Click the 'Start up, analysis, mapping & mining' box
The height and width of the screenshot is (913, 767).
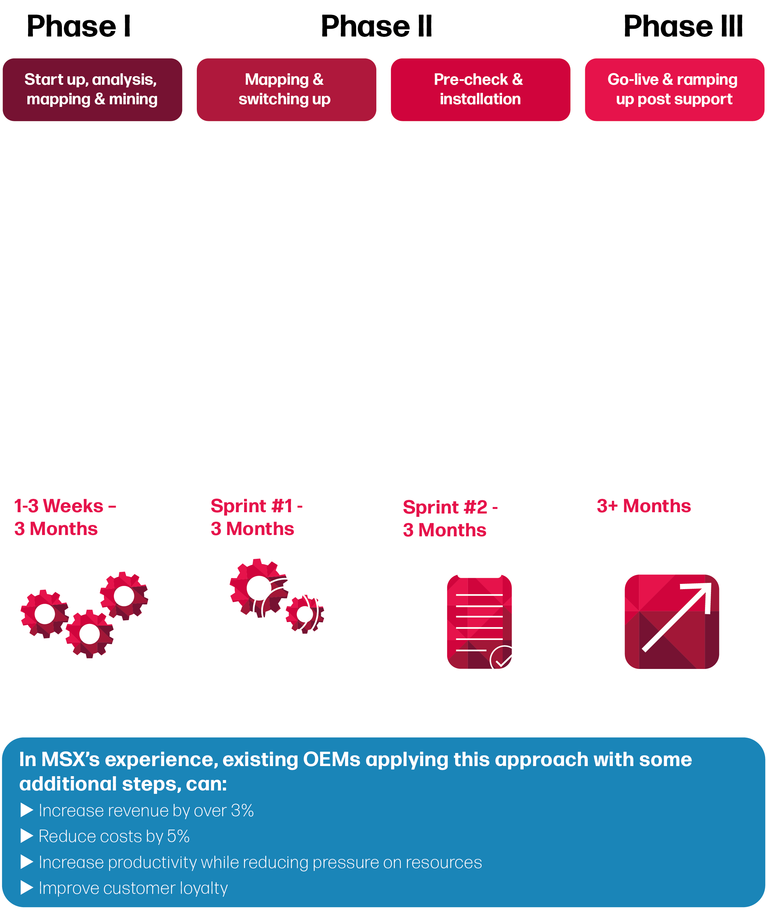[x=92, y=90]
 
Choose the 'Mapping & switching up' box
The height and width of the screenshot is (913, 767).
[x=286, y=90]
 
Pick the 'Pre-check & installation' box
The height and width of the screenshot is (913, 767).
[x=480, y=90]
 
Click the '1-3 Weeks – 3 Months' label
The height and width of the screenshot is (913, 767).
[x=65, y=517]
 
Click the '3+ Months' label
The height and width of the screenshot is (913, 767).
[x=644, y=506]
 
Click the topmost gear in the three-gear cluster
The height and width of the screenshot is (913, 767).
[x=124, y=596]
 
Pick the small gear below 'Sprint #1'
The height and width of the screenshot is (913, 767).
[x=304, y=614]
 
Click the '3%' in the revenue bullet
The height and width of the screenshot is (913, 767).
[x=242, y=810]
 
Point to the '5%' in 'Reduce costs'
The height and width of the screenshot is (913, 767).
[x=178, y=836]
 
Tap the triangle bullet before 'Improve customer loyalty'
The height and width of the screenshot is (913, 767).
[x=27, y=887]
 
